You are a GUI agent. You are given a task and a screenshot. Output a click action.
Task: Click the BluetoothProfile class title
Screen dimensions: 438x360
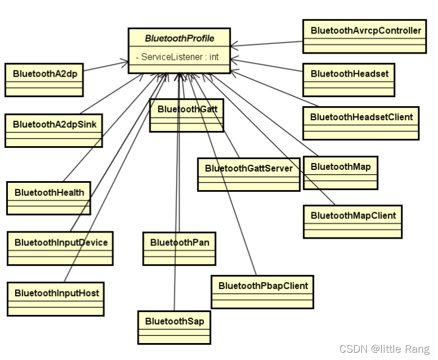[x=179, y=39]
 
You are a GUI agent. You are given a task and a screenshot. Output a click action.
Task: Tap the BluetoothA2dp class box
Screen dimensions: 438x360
[x=44, y=73]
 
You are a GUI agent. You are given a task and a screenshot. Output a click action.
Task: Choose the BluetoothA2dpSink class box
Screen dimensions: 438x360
[x=54, y=124]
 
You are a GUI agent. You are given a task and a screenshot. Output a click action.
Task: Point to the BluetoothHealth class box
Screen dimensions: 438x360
[x=49, y=192]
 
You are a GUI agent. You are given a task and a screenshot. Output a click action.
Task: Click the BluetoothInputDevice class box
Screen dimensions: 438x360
[x=60, y=243]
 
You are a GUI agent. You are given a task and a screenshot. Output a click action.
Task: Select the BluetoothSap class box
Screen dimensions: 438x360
[x=174, y=322]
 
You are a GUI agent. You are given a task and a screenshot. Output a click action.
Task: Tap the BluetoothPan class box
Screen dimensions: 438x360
[x=179, y=243]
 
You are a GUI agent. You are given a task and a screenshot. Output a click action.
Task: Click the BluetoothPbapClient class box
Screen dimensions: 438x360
[x=263, y=286]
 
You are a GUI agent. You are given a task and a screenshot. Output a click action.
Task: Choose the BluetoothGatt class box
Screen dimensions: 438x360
[x=187, y=109]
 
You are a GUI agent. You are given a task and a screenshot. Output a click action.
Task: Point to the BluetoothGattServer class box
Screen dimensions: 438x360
[x=249, y=169]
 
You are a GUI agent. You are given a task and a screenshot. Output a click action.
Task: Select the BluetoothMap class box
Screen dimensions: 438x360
[x=340, y=166]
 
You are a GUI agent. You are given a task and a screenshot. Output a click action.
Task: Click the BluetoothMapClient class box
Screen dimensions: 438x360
[x=353, y=216]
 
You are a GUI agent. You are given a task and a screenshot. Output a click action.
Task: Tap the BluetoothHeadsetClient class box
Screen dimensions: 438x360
[x=361, y=117]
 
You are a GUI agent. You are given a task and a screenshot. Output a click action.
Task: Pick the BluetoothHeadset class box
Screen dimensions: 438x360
[x=349, y=74]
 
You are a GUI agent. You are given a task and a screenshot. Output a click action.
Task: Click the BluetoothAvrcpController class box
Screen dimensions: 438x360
[x=365, y=31]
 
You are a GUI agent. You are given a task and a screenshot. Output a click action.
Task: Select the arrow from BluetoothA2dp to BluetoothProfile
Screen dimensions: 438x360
[x=106, y=66]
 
